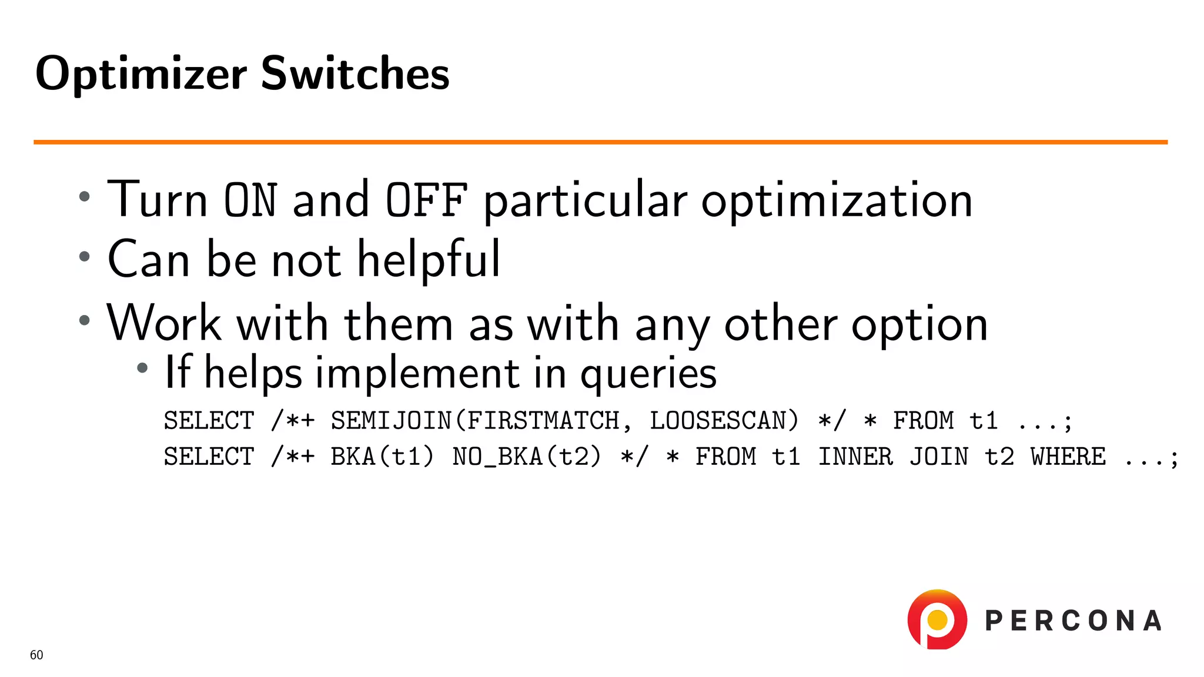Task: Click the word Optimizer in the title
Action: (141, 75)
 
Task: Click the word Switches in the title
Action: (354, 73)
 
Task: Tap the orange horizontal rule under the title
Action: (600, 142)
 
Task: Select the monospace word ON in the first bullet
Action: (250, 200)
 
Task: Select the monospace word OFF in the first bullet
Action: (427, 200)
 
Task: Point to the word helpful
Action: (429, 260)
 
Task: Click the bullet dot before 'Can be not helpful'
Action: (85, 256)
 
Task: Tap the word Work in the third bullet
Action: (164, 323)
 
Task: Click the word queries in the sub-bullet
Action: (648, 374)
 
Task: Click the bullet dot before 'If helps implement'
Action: (142, 368)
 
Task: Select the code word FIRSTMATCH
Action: (543, 421)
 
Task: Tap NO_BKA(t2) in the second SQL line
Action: (527, 457)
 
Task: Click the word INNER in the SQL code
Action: (855, 457)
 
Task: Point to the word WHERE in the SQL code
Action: (1068, 457)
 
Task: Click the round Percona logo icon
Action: (937, 619)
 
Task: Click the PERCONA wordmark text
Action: (1073, 621)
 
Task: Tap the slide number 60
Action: (36, 655)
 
